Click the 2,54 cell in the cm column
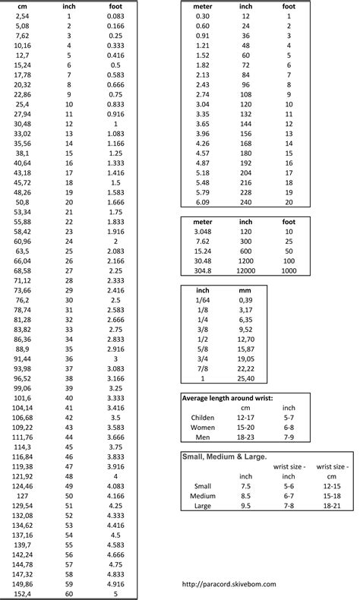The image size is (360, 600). point(23,16)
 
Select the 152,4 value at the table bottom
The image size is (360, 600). point(23,593)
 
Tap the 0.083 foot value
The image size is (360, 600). point(117,16)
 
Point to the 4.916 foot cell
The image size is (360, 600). point(117,583)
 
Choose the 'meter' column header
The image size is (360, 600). point(203,6)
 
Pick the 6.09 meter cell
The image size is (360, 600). point(203,202)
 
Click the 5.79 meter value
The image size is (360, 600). point(203,192)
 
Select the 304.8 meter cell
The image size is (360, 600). point(203,270)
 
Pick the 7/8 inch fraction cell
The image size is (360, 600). point(203,368)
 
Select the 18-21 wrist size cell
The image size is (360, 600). point(332,505)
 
